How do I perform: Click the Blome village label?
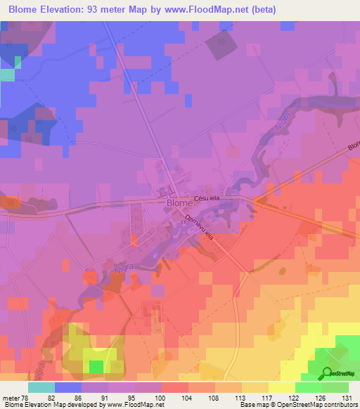[x=179, y=203]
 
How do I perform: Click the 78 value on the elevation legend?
[x=26, y=396]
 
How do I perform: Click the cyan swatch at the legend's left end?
[x=41, y=387]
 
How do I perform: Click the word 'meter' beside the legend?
[x=10, y=396]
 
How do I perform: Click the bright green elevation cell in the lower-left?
[x=95, y=366]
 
